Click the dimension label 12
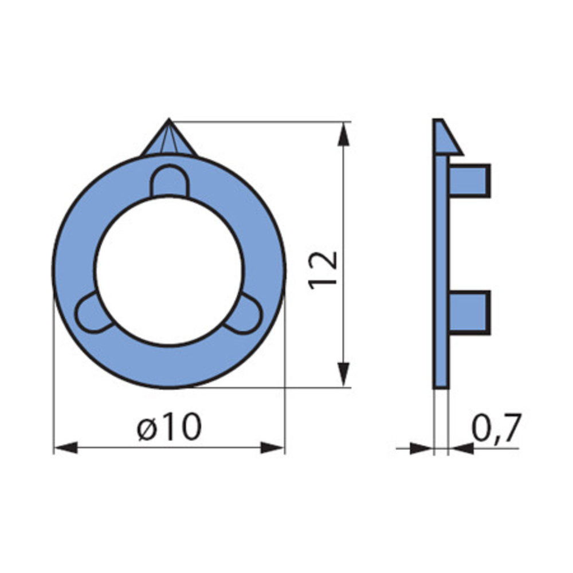[x=323, y=270]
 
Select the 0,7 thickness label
[x=496, y=428]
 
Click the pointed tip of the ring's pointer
[x=169, y=119]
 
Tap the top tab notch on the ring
[x=170, y=181]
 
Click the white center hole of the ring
[x=169, y=270]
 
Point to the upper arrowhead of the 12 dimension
[x=343, y=135]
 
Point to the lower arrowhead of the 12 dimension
[x=343, y=374]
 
